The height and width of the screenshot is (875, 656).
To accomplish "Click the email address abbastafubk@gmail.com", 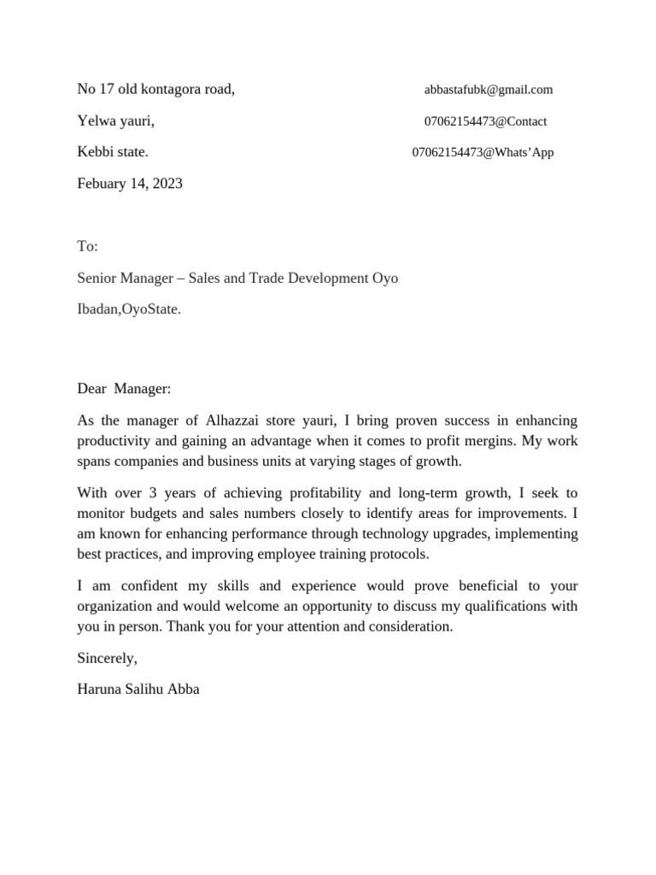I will (488, 90).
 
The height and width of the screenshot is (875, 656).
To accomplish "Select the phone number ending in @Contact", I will (485, 121).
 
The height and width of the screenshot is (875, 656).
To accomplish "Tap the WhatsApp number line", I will (483, 153).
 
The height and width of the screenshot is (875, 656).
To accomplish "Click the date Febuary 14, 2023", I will (130, 184).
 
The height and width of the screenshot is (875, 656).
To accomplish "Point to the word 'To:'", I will (88, 247).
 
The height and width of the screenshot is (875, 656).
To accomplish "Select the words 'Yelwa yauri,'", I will (115, 121).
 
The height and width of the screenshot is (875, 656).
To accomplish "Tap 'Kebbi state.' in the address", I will (113, 152).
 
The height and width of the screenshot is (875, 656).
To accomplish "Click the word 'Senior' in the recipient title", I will (98, 279).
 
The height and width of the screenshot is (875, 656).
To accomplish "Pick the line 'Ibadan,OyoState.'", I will (129, 309).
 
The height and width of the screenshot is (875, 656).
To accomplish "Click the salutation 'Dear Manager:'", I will (124, 389).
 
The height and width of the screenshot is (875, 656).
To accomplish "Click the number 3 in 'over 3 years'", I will (153, 493).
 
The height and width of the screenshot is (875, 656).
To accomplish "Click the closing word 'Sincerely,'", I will (107, 658).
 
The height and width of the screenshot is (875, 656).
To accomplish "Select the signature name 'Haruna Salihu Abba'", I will (138, 689).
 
